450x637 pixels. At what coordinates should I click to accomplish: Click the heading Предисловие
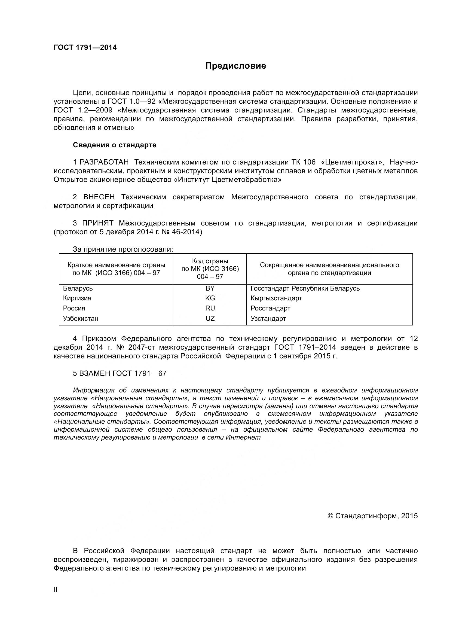(x=235, y=66)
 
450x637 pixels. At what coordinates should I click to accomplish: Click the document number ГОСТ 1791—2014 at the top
(x=85, y=48)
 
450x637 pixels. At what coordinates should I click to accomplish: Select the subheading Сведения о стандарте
(x=115, y=145)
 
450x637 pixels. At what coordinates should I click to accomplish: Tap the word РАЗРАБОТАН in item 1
(x=104, y=162)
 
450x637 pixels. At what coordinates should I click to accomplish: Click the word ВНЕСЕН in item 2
(x=99, y=197)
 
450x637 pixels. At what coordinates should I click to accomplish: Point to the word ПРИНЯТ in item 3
(x=98, y=223)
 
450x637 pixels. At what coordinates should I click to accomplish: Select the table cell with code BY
(x=210, y=288)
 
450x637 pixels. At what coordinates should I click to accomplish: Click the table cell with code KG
(x=210, y=298)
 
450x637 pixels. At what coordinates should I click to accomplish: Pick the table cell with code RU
(x=210, y=308)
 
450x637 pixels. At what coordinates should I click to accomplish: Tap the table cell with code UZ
(x=210, y=319)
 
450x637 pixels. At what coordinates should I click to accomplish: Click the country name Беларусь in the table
(x=78, y=288)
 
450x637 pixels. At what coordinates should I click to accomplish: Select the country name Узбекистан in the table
(x=80, y=319)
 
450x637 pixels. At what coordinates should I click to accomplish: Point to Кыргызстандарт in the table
(x=276, y=298)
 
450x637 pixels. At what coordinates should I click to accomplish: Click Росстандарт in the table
(x=270, y=308)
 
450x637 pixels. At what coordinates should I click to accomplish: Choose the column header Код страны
(x=210, y=261)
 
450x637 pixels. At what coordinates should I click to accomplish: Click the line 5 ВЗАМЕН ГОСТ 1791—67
(x=120, y=373)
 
